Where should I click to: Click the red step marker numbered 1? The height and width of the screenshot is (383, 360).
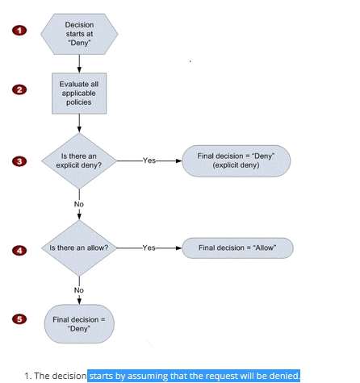pyautogui.click(x=19, y=30)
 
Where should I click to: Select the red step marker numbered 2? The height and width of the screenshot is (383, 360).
pyautogui.click(x=19, y=90)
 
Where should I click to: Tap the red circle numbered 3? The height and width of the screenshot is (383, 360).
pyautogui.click(x=19, y=161)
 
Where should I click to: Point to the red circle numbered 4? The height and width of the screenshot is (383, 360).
pyautogui.click(x=19, y=251)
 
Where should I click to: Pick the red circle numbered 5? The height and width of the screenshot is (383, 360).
pyautogui.click(x=19, y=319)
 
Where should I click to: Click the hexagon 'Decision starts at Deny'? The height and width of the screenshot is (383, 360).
pyautogui.click(x=79, y=34)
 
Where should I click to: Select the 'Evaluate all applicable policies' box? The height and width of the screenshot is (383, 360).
pyautogui.click(x=79, y=94)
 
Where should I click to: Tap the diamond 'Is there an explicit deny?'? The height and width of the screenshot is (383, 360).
pyautogui.click(x=79, y=161)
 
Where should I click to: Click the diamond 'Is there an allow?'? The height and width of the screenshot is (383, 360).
pyautogui.click(x=79, y=248)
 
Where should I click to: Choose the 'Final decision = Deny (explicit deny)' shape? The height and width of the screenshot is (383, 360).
pyautogui.click(x=237, y=161)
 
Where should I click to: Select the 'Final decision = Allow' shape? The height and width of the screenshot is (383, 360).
pyautogui.click(x=237, y=248)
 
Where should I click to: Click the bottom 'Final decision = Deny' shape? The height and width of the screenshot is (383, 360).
pyautogui.click(x=79, y=324)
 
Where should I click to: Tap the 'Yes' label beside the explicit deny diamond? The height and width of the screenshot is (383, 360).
pyautogui.click(x=149, y=160)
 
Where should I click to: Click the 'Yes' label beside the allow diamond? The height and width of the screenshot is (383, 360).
pyautogui.click(x=149, y=248)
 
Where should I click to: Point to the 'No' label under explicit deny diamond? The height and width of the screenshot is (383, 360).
pyautogui.click(x=79, y=204)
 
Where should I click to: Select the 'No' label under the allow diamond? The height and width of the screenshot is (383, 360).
pyautogui.click(x=79, y=290)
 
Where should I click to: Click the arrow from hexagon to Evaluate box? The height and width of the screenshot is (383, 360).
pyautogui.click(x=79, y=64)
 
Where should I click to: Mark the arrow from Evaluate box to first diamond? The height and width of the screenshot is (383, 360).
pyautogui.click(x=79, y=123)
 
